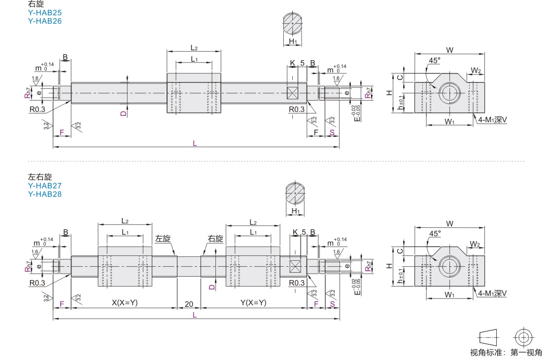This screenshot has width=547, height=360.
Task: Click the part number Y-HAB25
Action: point(45,13)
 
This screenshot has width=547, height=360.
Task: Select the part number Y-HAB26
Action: point(45,21)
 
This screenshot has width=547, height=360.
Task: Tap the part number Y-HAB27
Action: point(45,186)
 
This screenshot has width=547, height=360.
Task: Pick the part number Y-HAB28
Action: point(45,194)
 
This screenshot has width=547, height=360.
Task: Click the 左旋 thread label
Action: point(163,239)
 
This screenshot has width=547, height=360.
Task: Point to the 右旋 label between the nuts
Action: point(215,239)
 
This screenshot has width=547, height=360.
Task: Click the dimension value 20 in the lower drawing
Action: point(189,303)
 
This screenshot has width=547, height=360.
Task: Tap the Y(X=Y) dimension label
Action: point(253,303)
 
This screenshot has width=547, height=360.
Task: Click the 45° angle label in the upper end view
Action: point(434,61)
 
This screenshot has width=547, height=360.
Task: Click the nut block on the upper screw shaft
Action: point(194,93)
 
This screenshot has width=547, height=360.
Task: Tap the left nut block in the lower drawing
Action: point(125,266)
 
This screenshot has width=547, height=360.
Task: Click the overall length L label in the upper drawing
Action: point(195,144)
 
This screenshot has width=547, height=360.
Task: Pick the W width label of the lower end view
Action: point(449,223)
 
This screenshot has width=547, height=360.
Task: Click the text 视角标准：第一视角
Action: point(506,352)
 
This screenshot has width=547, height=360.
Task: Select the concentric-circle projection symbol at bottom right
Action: point(523,337)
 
